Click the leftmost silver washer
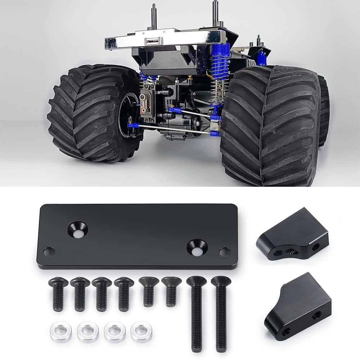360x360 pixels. (x=60, y=331)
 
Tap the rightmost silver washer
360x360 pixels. (x=141, y=331)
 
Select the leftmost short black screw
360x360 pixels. (x=58, y=293)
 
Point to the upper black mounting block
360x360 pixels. (x=292, y=234)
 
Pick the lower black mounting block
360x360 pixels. (x=298, y=306)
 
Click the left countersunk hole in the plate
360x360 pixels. (x=78, y=229)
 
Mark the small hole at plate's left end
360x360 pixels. (x=49, y=251)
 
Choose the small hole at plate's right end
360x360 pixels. (x=225, y=252)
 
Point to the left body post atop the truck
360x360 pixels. (x=154, y=16)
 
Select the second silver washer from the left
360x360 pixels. (x=87, y=331)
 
